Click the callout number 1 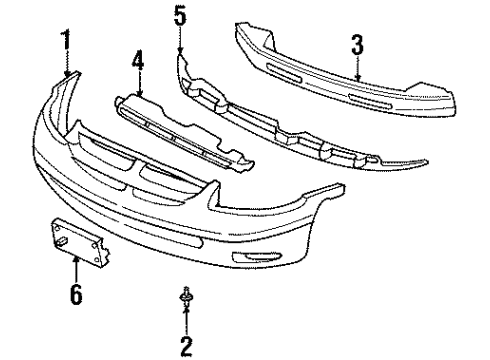pyautogui.click(x=67, y=43)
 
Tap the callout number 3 pyautogui.click(x=357, y=45)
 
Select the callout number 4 pyautogui.click(x=138, y=59)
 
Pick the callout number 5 pyautogui.click(x=179, y=17)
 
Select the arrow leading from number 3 pyautogui.click(x=357, y=69)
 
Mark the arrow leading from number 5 pyautogui.click(x=179, y=42)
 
